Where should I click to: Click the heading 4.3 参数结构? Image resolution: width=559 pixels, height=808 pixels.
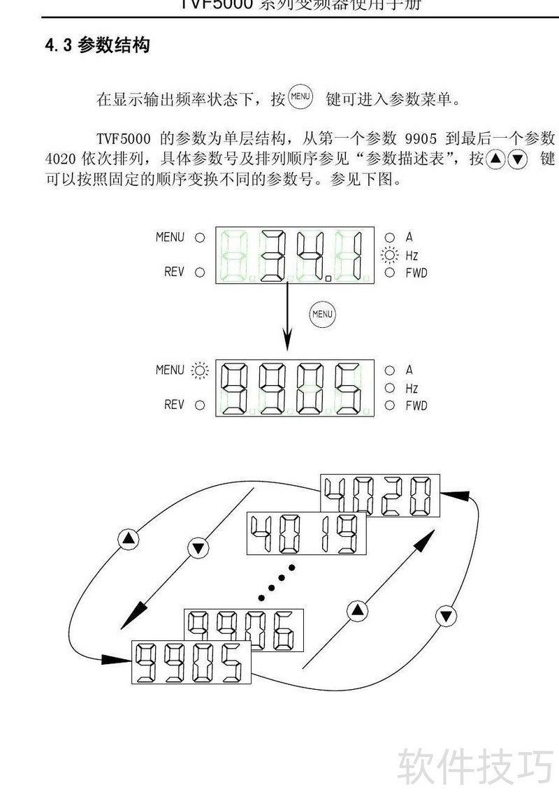(97, 46)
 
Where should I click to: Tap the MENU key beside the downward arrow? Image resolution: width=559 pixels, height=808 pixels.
(322, 315)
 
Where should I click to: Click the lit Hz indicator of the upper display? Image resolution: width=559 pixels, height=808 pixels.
(389, 255)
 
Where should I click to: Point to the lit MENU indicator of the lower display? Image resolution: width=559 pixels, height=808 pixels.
(201, 370)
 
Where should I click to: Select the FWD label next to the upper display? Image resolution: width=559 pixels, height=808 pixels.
(416, 273)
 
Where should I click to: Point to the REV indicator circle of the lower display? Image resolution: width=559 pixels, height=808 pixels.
(201, 405)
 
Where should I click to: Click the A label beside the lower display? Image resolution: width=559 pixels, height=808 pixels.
(409, 370)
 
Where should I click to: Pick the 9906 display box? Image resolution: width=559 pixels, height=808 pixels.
(244, 630)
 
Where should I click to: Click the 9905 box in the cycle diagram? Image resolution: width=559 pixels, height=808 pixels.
(191, 661)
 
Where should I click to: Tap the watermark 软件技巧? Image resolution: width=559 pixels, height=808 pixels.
(475, 765)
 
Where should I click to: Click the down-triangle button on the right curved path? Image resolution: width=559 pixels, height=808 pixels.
(445, 616)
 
